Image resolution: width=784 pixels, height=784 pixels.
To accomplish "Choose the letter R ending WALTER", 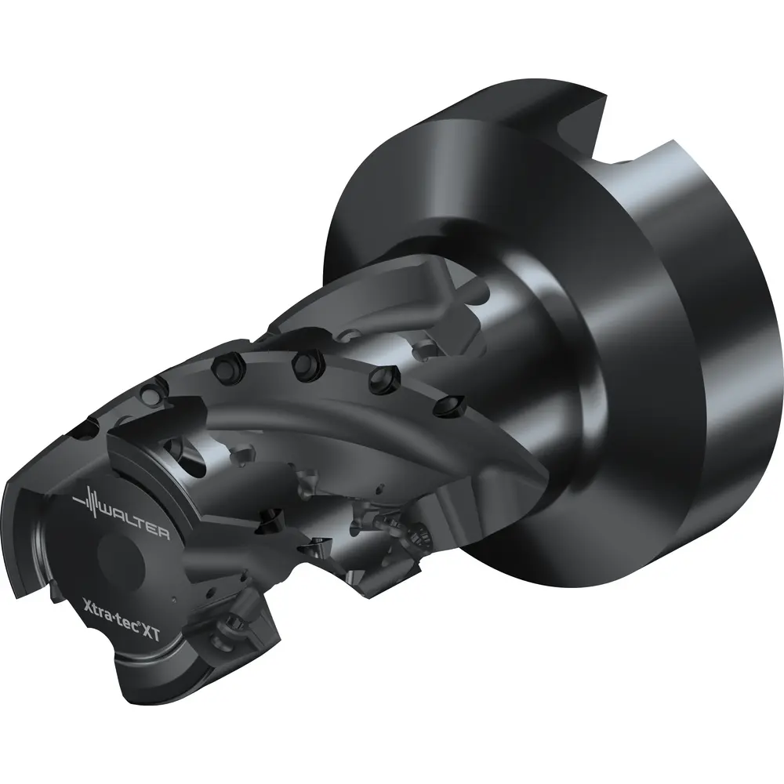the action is [163, 533].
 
